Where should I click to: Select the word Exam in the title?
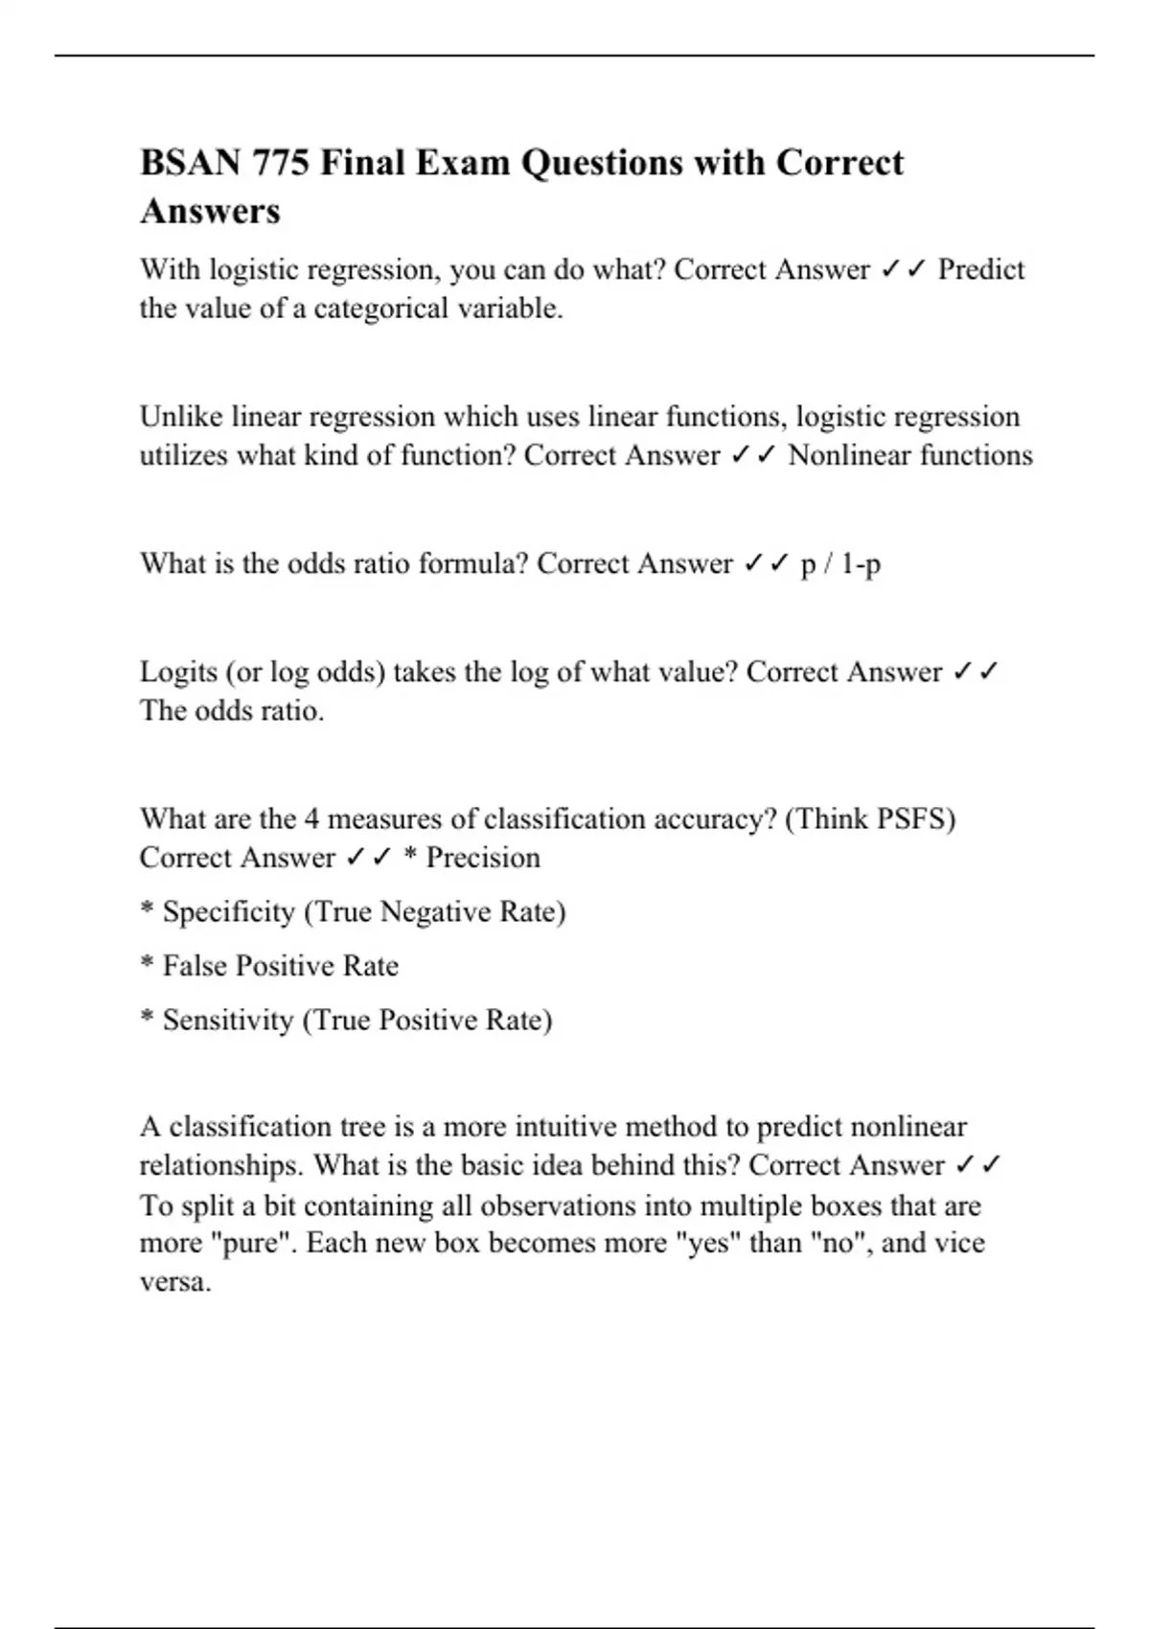pos(464,163)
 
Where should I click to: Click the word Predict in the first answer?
pos(980,269)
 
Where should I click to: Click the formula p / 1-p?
pos(839,563)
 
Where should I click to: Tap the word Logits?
pos(178,672)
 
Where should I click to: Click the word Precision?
pos(482,858)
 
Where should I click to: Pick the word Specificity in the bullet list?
pos(228,911)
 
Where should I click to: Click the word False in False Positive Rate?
pos(195,966)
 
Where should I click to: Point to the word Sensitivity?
pos(227,1020)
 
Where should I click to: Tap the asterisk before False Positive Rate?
pos(148,963)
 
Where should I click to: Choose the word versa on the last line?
pos(174,1282)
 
